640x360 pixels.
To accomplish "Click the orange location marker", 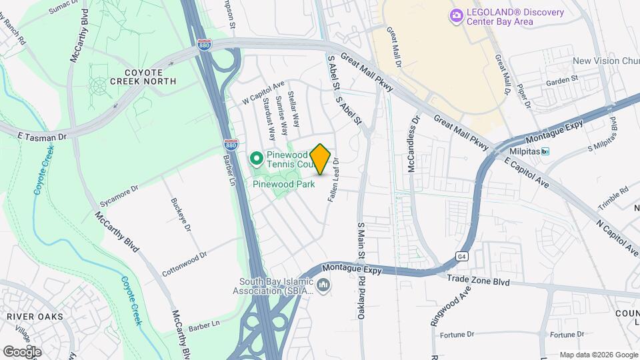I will [x=320, y=159].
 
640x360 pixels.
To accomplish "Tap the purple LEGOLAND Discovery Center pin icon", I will [x=457, y=16].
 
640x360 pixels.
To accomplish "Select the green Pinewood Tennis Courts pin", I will [x=256, y=159].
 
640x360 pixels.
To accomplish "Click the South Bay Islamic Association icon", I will [x=324, y=286].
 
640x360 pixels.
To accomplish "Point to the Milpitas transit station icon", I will [x=545, y=151].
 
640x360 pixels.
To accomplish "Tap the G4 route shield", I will [x=461, y=256].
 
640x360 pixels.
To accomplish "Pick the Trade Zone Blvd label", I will [x=478, y=282].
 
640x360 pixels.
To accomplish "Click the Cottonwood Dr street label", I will [x=185, y=264].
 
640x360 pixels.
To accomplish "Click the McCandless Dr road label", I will [x=413, y=143].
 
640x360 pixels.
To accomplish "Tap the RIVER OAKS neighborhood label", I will [x=35, y=316].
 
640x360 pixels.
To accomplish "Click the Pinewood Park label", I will [x=283, y=185].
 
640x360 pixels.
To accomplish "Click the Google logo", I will [x=22, y=351].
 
